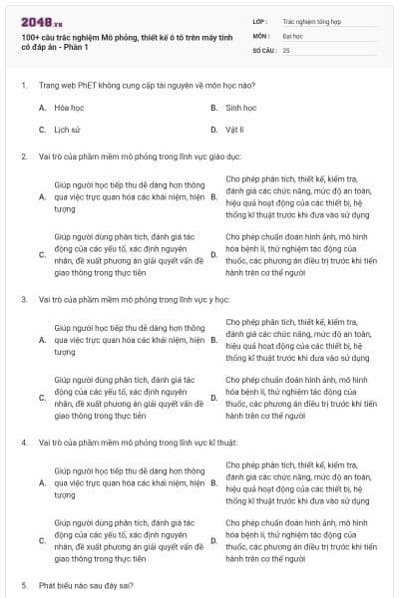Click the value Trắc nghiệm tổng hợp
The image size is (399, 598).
312,20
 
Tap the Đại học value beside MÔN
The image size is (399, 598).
292,34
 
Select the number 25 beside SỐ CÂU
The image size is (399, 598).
286,49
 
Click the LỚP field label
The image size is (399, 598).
260,20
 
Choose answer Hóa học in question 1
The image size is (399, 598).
69,108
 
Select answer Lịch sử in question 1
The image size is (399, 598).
68,130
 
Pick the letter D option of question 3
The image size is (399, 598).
213,399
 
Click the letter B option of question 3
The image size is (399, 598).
213,342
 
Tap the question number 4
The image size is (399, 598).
23,441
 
